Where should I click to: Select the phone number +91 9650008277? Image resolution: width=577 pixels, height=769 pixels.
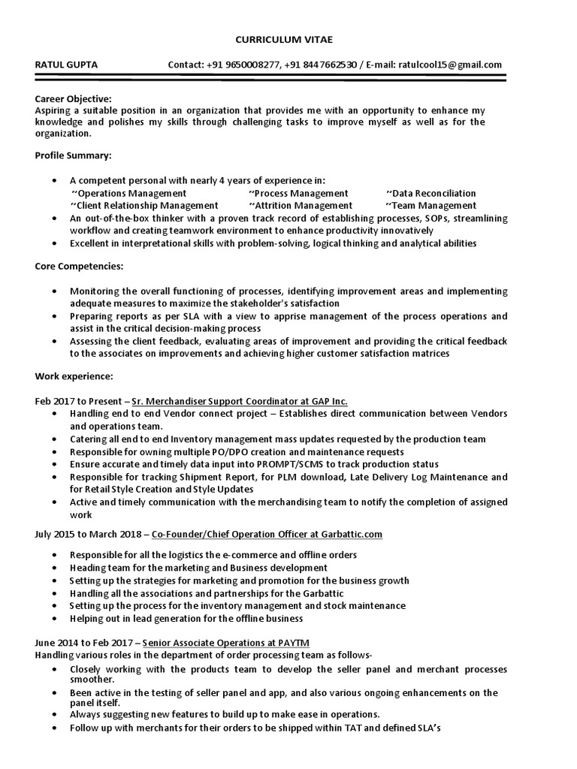tap(241, 65)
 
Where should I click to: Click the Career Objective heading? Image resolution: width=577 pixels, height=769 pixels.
tap(73, 98)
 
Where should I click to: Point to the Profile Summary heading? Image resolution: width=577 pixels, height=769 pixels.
tap(73, 155)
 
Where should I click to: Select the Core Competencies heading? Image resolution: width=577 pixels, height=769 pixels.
tap(79, 267)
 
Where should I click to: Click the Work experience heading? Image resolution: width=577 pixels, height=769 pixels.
tap(74, 375)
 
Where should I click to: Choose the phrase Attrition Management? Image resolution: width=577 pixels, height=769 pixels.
tap(303, 205)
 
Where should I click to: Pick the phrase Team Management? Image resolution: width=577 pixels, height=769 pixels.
tap(434, 205)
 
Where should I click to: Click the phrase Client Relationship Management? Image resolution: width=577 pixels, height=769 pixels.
tap(147, 205)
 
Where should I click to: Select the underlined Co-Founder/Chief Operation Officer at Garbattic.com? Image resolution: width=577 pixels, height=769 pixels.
tap(267, 534)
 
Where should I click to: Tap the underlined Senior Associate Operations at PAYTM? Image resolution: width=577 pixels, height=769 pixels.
tap(225, 644)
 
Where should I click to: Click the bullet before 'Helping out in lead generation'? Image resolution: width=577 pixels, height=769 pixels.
tap(56, 619)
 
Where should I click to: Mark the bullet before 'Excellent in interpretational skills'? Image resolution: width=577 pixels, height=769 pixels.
tap(56, 243)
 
